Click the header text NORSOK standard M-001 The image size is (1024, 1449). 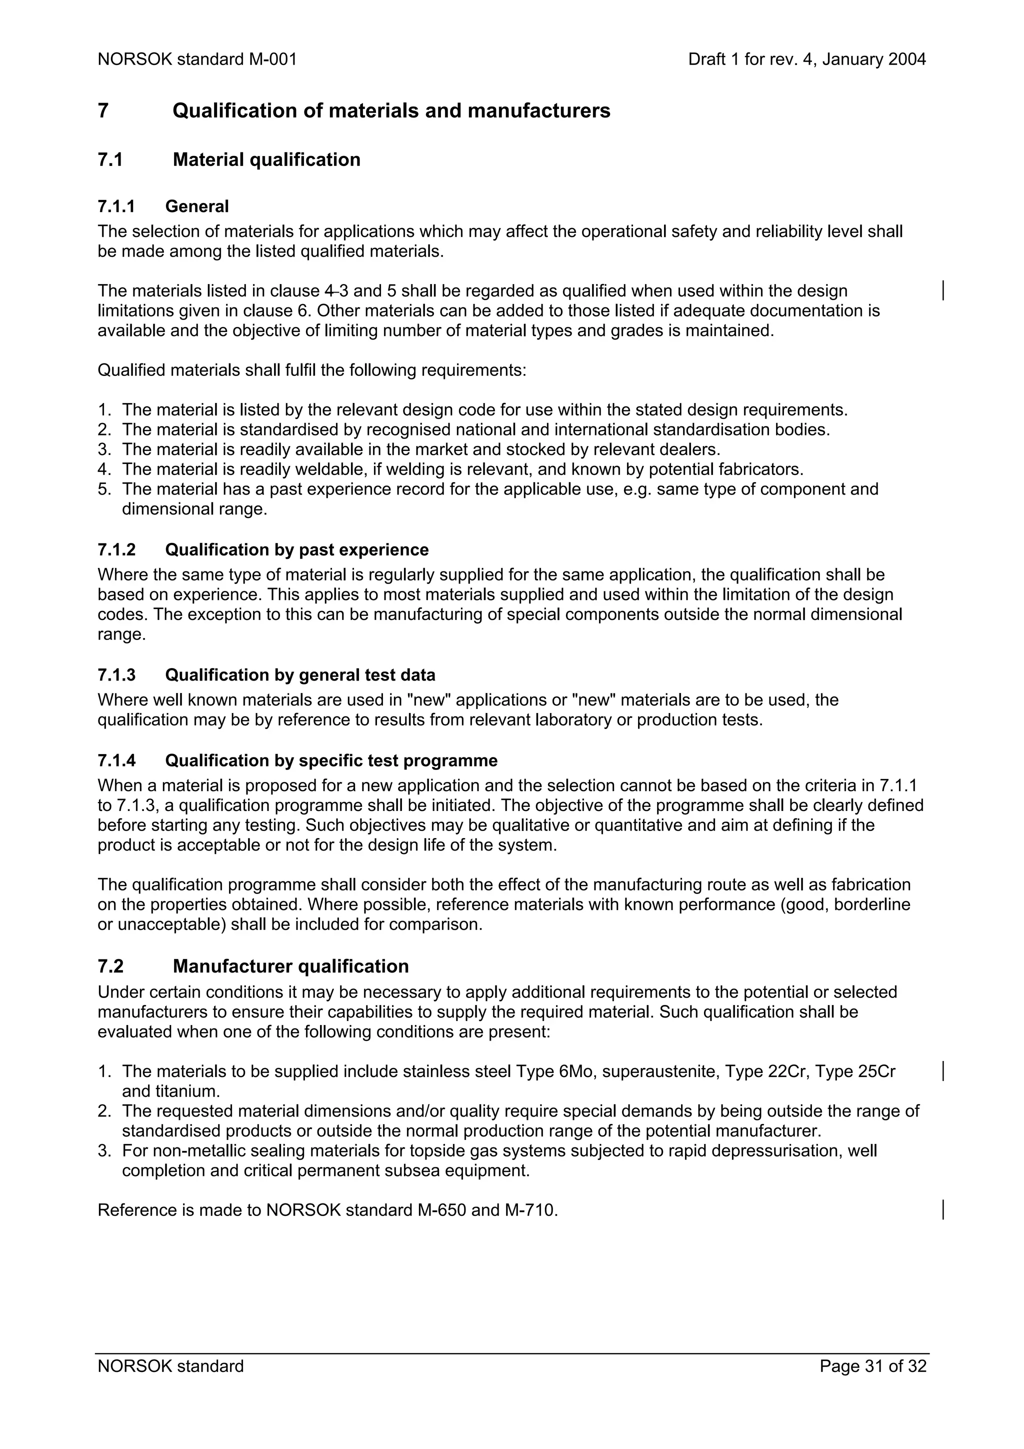197,59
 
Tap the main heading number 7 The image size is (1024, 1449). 103,111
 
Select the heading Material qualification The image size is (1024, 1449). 266,159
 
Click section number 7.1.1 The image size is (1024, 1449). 116,206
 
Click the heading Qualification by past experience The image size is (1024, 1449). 296,549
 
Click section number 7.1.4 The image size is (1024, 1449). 116,760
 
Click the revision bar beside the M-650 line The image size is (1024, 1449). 942,1210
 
